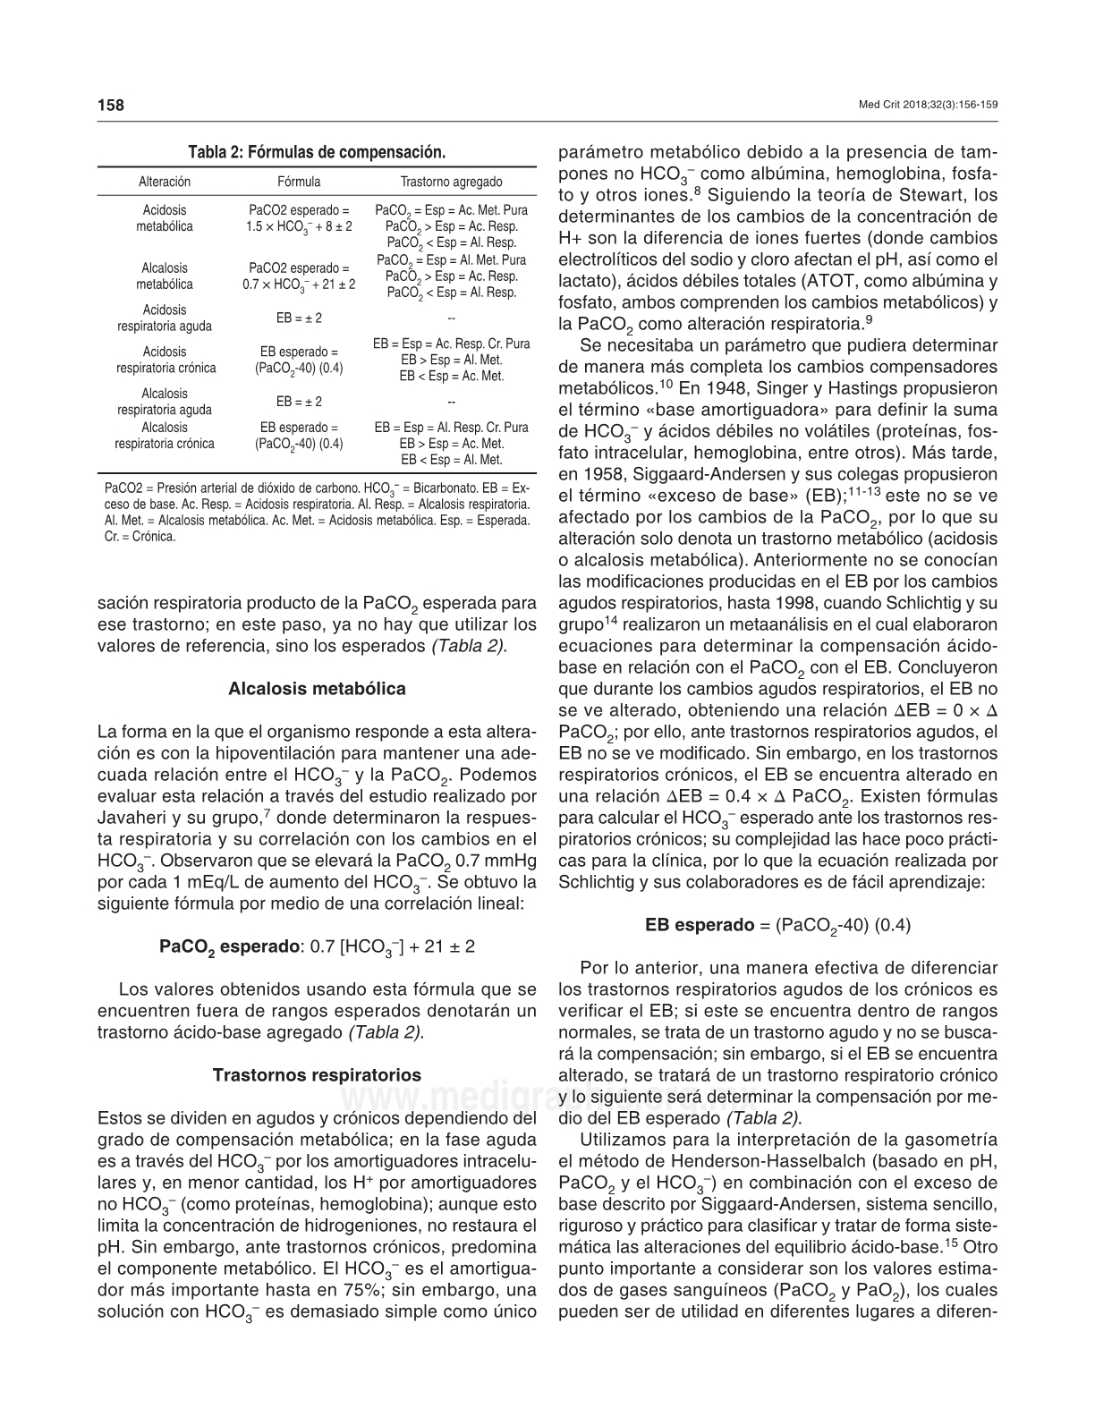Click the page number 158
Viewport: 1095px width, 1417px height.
111,106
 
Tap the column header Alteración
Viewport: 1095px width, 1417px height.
165,182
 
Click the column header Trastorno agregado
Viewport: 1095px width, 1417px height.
451,182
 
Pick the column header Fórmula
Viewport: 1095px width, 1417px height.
299,182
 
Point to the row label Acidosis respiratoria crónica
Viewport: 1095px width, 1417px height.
165,360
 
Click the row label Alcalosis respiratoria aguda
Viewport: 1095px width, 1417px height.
165,402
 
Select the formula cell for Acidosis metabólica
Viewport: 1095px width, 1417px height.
299,218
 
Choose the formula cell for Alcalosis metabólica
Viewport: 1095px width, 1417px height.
299,276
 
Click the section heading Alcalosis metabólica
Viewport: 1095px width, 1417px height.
317,689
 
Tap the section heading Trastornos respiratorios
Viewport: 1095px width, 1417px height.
317,1075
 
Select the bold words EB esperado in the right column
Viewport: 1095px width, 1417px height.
700,925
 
